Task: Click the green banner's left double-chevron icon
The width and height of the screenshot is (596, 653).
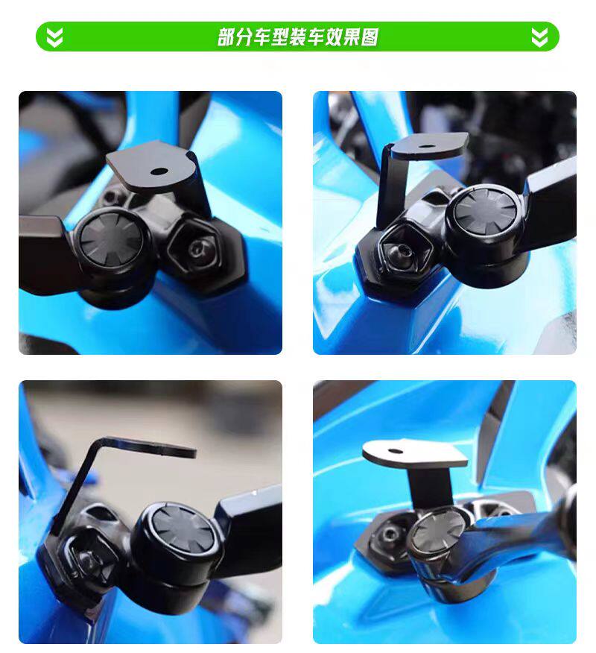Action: pos(54,37)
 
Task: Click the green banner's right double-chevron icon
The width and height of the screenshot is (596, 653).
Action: pos(539,37)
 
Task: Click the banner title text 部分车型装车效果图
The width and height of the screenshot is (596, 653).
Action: pos(298,37)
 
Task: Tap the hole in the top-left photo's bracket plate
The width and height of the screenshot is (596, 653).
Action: pos(159,171)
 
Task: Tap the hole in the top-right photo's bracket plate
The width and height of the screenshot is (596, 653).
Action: pos(425,146)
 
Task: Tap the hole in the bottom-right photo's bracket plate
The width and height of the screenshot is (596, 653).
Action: pos(395,450)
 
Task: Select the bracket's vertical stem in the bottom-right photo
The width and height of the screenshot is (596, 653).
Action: pos(431,487)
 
